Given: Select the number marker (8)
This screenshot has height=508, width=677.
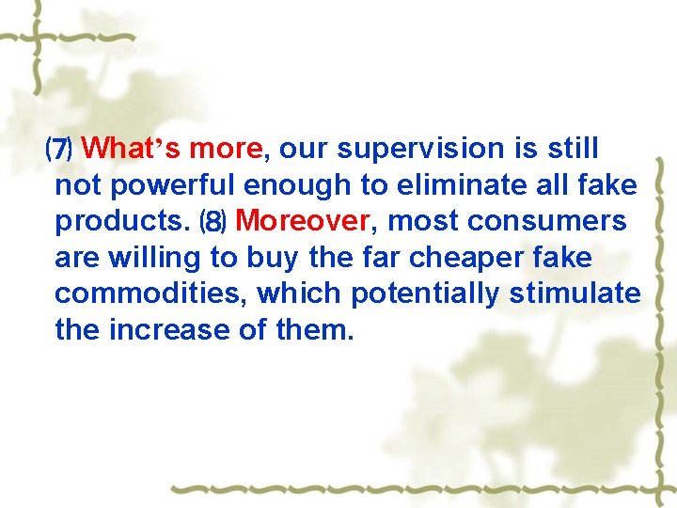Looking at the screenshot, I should tap(213, 222).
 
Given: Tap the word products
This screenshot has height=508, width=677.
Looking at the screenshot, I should tap(122, 222).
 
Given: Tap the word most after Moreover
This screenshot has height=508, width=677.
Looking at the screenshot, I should tap(421, 222).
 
